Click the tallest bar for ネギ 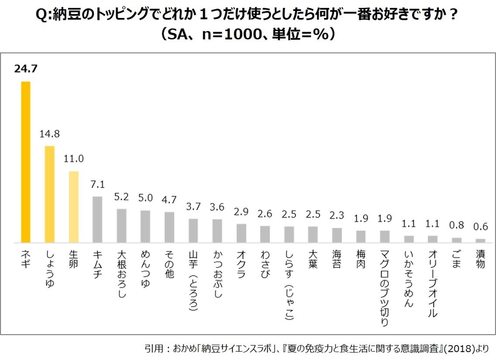(x=25, y=161)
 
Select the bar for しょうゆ (x=50, y=194)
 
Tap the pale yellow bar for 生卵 (x=73, y=206)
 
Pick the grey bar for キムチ (x=97, y=219)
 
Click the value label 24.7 (x=25, y=69)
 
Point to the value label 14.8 (x=50, y=134)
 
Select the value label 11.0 (x=73, y=159)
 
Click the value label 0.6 (x=480, y=226)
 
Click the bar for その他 (x=169, y=227)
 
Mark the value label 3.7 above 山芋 (x=193, y=206)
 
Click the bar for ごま (x=456, y=240)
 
